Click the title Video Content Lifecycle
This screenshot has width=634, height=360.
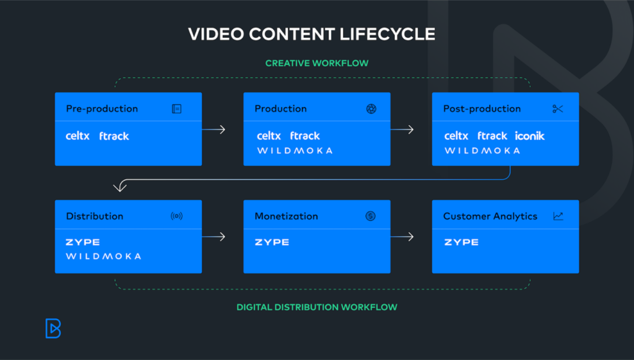coord(311,33)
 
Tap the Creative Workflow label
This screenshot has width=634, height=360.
coord(316,63)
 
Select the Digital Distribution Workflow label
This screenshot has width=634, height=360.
coord(316,307)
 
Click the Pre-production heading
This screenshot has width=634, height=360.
coord(102,109)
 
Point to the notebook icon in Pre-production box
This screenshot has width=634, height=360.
coord(176,109)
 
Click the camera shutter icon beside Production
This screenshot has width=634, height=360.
coord(371,109)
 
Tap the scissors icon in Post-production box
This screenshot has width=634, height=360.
coord(558,109)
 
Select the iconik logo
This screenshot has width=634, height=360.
coord(529,136)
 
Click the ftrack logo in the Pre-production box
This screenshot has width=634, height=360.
coord(114,136)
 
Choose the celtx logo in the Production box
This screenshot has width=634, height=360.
coord(269,136)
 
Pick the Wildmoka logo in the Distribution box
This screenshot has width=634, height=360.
coord(103,256)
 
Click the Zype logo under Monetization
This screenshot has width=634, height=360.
coord(272,242)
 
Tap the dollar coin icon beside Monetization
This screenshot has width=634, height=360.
coord(370,216)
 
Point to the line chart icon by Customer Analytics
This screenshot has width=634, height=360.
coord(558,216)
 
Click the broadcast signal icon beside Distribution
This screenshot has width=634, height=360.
coord(176,216)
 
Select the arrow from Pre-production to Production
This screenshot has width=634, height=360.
coord(214,130)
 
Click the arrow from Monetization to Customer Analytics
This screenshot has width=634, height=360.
coord(402,237)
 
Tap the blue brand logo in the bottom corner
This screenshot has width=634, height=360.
coord(53,328)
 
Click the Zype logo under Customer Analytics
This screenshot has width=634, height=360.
coord(461,242)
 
